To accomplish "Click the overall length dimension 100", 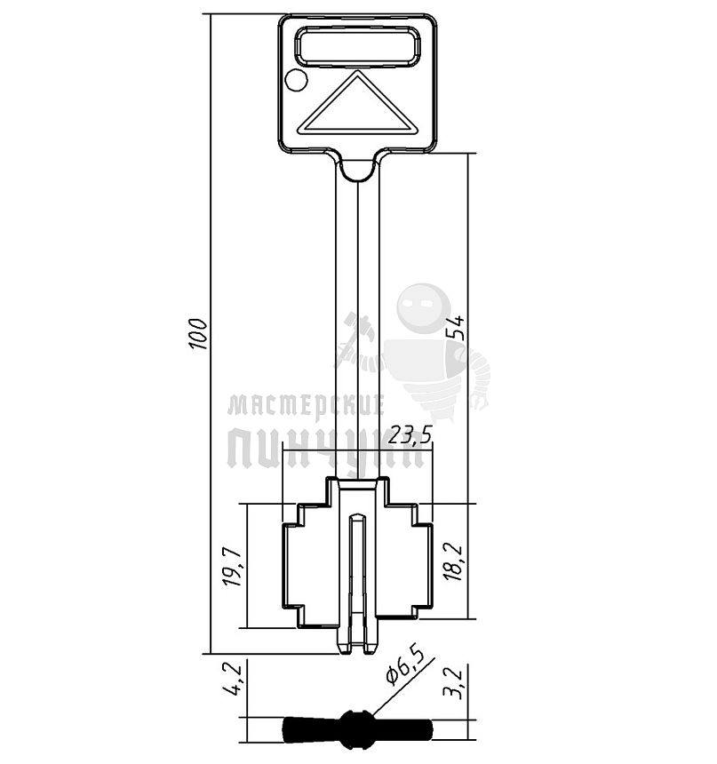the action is pos(198,334).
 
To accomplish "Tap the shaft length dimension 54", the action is pos(457,328).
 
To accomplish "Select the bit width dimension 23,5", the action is pos(410,434).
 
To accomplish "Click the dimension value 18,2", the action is pos(454,561).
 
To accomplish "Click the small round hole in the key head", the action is pos(297,80).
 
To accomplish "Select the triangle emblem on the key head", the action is pos(358,104).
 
